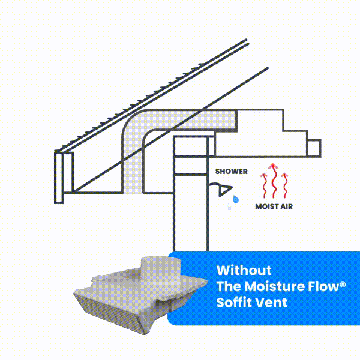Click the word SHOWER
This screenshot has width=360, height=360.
tap(232, 172)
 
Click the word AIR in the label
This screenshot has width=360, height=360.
tap(287, 206)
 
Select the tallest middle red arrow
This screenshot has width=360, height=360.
tap(273, 181)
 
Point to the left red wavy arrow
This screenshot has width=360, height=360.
tap(265, 185)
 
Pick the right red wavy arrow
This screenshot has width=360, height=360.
tap(284, 185)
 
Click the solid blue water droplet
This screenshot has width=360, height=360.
tap(236, 199)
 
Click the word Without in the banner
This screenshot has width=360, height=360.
tap(244, 270)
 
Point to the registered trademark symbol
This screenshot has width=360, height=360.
tap(343, 284)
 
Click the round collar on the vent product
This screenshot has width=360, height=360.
tap(161, 269)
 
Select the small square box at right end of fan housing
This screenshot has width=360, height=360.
tap(314, 148)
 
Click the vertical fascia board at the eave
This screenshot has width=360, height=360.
tap(59, 177)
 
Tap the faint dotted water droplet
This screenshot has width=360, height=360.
tap(229, 207)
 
